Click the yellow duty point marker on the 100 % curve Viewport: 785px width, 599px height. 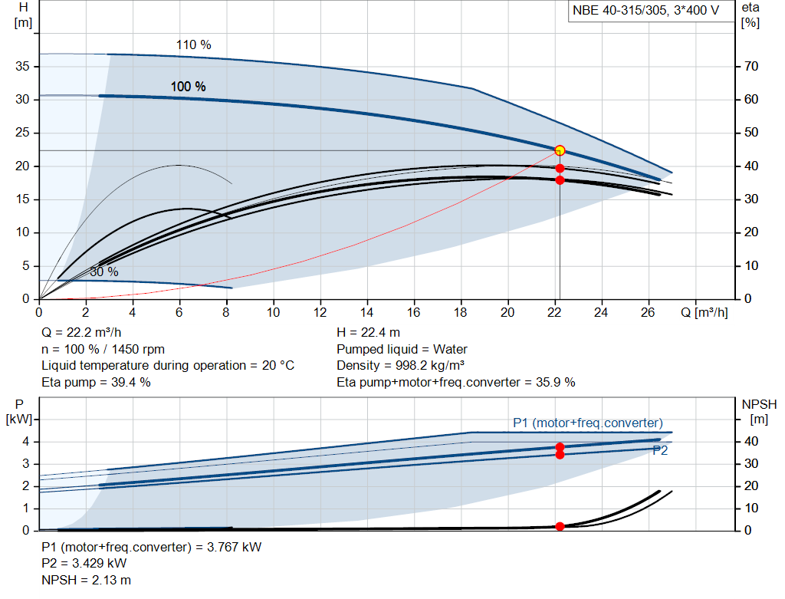coord(560,150)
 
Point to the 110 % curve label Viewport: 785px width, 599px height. coord(193,44)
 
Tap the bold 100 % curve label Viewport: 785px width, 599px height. coord(188,87)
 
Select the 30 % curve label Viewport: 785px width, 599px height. coord(104,272)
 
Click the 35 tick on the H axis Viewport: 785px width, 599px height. coord(23,67)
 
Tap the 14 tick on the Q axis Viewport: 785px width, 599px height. coord(366,313)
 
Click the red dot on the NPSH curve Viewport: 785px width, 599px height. coord(560,526)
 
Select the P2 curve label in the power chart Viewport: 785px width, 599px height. coord(660,451)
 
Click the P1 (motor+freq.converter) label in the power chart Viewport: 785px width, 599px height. coord(587,423)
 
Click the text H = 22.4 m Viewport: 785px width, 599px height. coord(369,332)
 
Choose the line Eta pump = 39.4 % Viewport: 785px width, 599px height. coord(96,382)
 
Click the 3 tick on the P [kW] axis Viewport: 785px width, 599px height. coord(25,463)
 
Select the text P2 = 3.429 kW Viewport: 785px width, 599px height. coord(84,563)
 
